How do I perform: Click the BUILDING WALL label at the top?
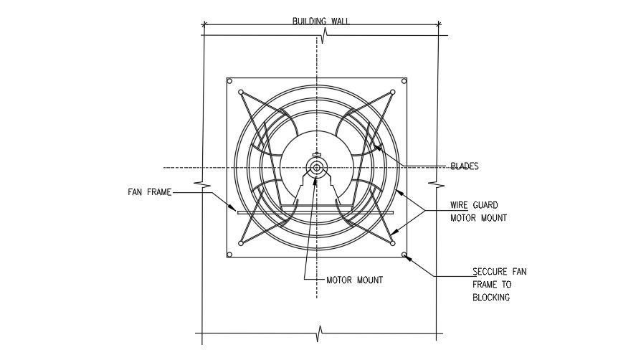click(320, 21)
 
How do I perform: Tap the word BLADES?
click(464, 166)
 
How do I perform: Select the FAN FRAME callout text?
click(149, 192)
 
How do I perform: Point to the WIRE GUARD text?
click(475, 204)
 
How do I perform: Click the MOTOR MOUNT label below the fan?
click(354, 280)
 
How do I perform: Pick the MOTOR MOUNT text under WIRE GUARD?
click(478, 218)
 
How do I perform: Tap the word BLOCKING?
click(491, 298)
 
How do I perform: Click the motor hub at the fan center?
click(316, 168)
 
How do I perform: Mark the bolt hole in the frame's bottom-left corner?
click(229, 255)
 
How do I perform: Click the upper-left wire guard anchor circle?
click(240, 93)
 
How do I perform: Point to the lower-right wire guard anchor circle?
click(393, 244)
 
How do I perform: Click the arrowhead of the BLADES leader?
click(373, 147)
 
